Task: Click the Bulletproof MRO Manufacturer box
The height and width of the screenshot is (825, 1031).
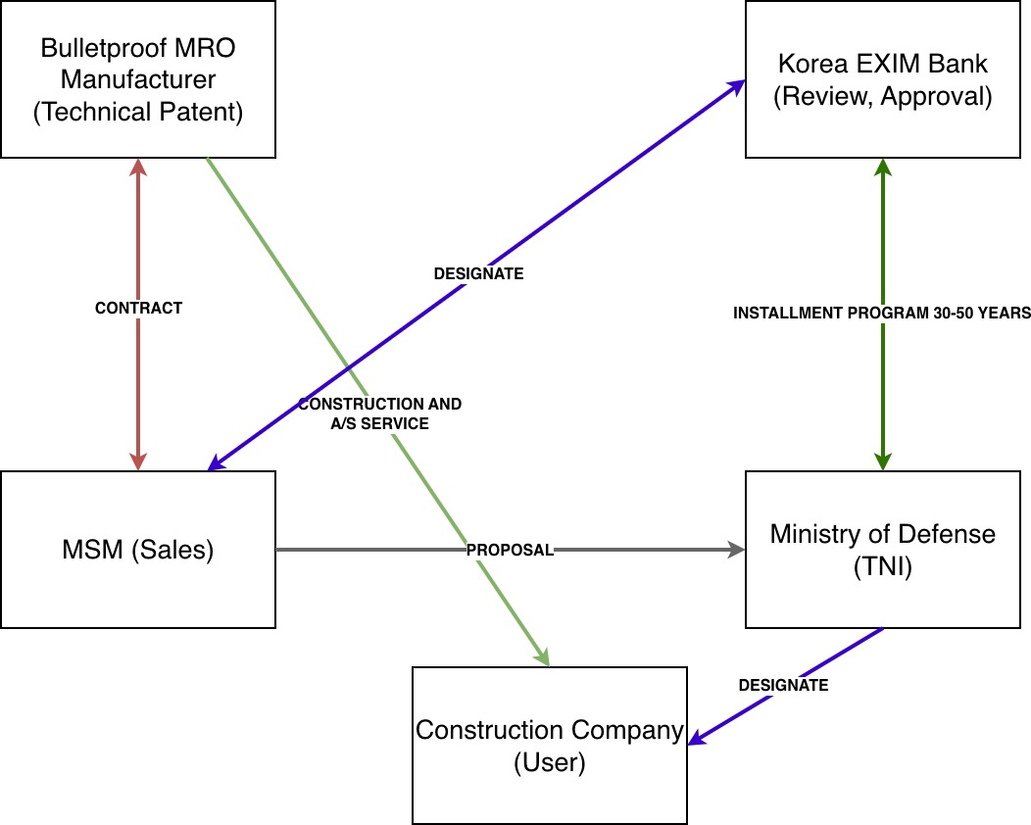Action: pyautogui.click(x=137, y=78)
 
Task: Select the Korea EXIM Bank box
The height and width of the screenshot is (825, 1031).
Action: pyautogui.click(x=882, y=78)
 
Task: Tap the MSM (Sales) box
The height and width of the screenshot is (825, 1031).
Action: pyautogui.click(x=137, y=549)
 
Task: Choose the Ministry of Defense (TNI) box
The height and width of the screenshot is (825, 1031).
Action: pyautogui.click(x=882, y=549)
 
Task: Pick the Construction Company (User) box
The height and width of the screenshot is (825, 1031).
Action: pyautogui.click(x=549, y=745)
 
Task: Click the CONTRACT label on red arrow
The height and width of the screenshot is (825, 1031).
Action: pyautogui.click(x=138, y=308)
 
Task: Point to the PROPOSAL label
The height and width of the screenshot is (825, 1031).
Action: pyautogui.click(x=510, y=550)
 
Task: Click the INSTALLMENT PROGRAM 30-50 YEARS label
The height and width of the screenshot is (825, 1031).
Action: pyautogui.click(x=882, y=314)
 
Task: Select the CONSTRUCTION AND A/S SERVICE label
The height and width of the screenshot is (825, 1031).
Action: pyautogui.click(x=379, y=413)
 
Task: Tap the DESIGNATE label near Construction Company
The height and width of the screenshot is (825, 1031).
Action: pyautogui.click(x=783, y=685)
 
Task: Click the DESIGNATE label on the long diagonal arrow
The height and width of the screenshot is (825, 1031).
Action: pyautogui.click(x=478, y=274)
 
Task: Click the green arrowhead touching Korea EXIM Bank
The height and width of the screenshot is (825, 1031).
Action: pyautogui.click(x=883, y=169)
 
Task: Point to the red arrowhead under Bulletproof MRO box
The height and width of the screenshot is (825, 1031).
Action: pyautogui.click(x=138, y=169)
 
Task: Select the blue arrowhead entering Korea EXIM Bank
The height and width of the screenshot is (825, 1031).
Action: pyautogui.click(x=737, y=86)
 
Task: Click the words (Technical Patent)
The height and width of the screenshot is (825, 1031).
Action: pyautogui.click(x=137, y=112)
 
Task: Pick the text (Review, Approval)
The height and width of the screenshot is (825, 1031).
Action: pyautogui.click(x=882, y=97)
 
